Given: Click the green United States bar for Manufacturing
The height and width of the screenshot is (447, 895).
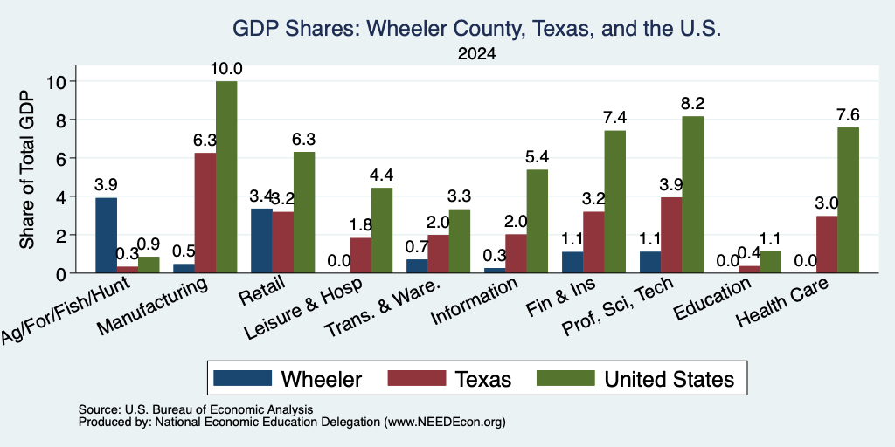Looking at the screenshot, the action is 226,176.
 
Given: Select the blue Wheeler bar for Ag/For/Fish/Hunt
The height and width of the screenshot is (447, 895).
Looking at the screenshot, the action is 106,236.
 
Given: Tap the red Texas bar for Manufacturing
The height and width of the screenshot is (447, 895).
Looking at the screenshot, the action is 205,213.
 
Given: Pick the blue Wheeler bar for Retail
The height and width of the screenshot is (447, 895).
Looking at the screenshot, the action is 261,241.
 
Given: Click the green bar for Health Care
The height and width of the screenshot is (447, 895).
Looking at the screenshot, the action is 848,200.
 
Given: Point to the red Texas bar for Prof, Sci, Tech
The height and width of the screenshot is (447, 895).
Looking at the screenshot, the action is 670,236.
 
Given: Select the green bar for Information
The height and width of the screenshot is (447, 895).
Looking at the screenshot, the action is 538,221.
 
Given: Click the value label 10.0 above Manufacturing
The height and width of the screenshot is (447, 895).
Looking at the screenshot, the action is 226,69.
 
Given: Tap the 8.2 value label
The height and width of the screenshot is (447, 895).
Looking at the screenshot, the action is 692,104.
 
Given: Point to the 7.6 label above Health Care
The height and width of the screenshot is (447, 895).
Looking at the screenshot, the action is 848,114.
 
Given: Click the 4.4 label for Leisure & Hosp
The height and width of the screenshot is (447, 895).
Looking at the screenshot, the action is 382,175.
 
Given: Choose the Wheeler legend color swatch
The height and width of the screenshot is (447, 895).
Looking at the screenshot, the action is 243,378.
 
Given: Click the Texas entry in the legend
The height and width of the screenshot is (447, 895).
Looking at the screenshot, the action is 483,379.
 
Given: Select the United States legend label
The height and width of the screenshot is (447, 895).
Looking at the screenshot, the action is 669,379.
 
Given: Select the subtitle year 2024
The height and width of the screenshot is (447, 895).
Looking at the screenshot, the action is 476,54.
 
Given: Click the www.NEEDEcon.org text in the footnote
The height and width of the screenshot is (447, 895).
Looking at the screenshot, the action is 445,423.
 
